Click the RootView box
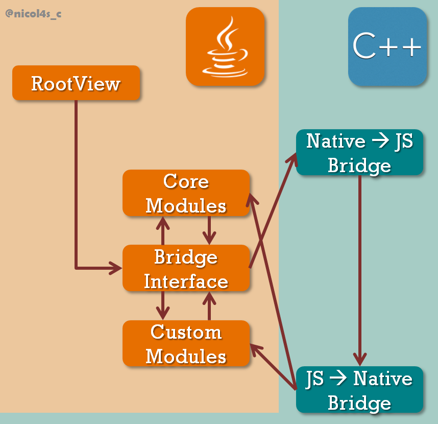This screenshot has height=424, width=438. pyautogui.click(x=76, y=83)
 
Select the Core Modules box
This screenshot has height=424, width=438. pyautogui.click(x=186, y=193)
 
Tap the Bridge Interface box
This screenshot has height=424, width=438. pyautogui.click(x=186, y=268)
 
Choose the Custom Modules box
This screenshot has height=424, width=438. pyautogui.click(x=186, y=343)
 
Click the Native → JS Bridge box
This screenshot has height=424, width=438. pyautogui.click(x=359, y=152)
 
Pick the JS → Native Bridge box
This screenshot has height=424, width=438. pyautogui.click(x=359, y=389)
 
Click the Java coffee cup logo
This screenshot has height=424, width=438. pyautogui.click(x=225, y=46)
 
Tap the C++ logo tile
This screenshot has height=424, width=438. pyautogui.click(x=387, y=46)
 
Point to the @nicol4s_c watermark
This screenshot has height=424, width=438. pyautogui.click(x=33, y=14)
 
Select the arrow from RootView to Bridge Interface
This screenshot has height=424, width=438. pyautogui.click(x=76, y=204)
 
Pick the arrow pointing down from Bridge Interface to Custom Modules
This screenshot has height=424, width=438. pyautogui.click(x=163, y=305)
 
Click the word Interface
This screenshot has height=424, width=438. pyautogui.click(x=186, y=281)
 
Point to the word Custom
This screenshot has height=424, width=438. pyautogui.click(x=186, y=332)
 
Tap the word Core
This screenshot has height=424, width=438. pyautogui.click(x=186, y=181)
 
